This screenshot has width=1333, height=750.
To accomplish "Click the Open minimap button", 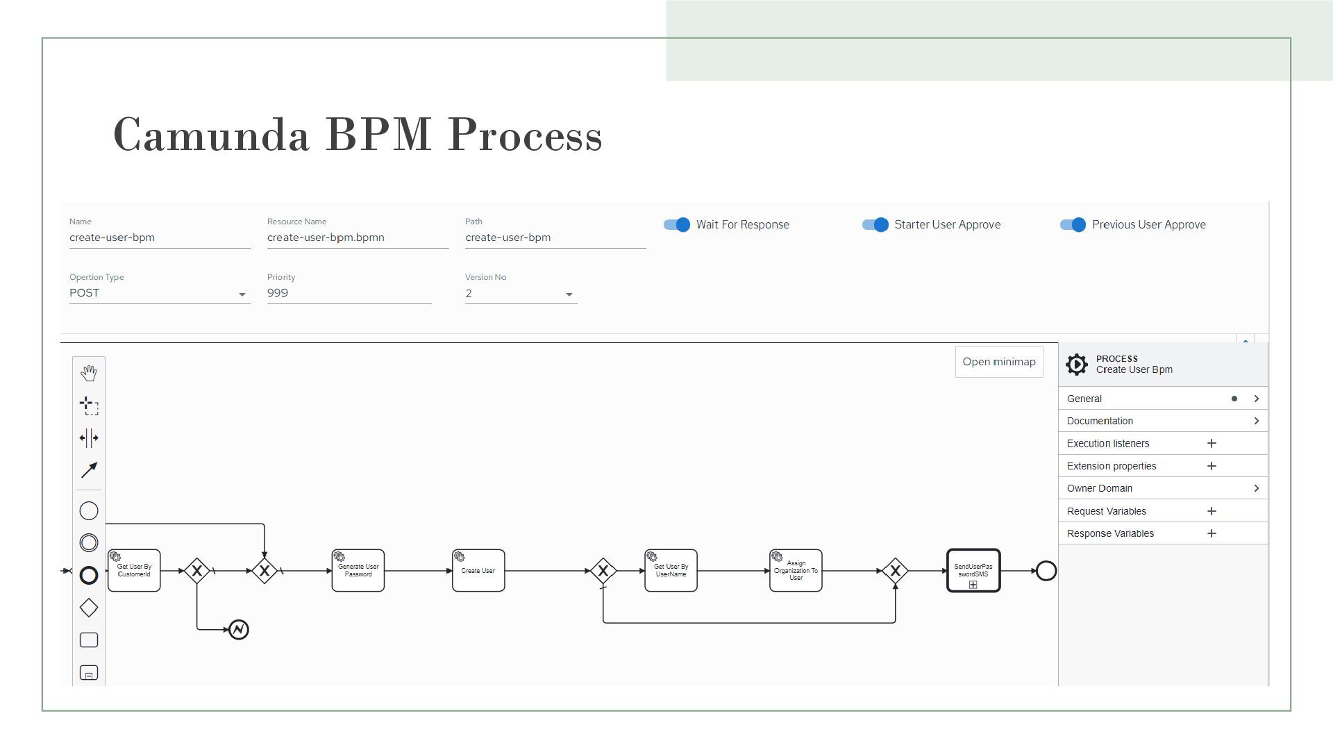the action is [x=998, y=362].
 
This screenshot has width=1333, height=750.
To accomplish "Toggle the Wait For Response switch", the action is [x=677, y=225].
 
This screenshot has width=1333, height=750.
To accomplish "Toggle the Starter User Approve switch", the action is [x=875, y=225].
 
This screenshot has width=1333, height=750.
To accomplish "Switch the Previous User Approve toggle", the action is [x=1073, y=225].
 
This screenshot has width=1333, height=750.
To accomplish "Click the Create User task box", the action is [x=478, y=571].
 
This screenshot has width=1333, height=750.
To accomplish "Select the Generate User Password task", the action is [x=358, y=571].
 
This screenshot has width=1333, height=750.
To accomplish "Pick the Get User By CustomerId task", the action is [x=134, y=571].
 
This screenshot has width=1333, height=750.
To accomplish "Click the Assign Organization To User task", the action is [x=796, y=571].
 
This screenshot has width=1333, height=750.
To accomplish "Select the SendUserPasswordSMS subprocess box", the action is [x=973, y=571].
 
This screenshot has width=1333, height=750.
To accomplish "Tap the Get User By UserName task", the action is [x=671, y=571].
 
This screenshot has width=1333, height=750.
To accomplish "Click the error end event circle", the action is [x=239, y=630].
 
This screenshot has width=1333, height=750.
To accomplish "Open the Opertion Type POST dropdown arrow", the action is [x=242, y=294].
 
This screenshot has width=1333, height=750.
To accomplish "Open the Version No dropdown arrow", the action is [x=569, y=294].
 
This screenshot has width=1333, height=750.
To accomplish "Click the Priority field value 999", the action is [x=278, y=293].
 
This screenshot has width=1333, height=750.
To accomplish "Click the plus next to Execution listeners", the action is [x=1212, y=443].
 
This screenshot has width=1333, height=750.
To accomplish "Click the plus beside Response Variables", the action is [x=1212, y=533].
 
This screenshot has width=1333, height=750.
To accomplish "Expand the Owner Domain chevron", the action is [x=1256, y=488].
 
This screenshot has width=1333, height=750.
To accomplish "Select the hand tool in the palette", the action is [x=89, y=373].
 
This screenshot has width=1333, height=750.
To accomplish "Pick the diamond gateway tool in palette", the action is [x=89, y=608].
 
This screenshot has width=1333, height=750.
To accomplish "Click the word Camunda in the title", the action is [x=211, y=135].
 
